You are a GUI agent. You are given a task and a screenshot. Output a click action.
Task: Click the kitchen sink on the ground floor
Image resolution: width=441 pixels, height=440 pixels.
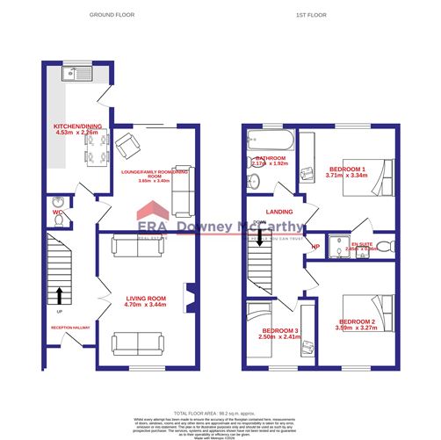coord(74,75)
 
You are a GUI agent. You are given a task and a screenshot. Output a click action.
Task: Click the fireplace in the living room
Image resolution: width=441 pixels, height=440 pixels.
coord(187,298)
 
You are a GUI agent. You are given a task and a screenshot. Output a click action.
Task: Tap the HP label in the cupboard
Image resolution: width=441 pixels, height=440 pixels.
coord(314,247)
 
